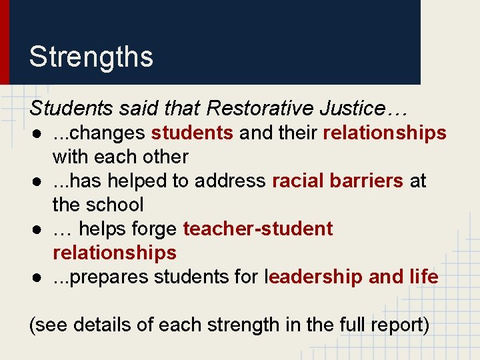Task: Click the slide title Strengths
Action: click(91, 57)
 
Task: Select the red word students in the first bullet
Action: click(192, 133)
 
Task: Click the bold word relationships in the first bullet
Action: click(385, 133)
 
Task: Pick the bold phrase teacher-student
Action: click(258, 229)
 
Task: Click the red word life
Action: click(425, 277)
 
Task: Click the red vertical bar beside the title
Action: click(5, 42)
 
